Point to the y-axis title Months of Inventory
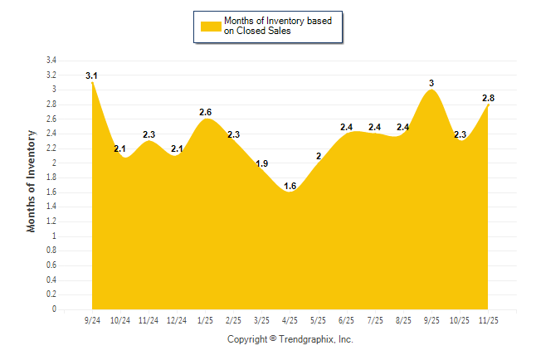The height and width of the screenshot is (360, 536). tap(32, 180)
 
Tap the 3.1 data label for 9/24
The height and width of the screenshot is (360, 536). tap(91, 76)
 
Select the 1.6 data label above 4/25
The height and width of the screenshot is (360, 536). tap(290, 186)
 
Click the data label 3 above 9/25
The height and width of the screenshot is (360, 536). tap(431, 83)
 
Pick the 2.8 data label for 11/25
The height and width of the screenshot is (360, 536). tap(489, 98)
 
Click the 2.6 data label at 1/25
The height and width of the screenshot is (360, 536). tap(206, 113)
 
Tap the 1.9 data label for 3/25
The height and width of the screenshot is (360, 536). tap(262, 163)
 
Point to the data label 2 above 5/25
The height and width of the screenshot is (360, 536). tap(319, 157)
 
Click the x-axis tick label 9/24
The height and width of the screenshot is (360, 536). tap(92, 319)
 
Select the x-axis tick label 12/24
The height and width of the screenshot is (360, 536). tap(177, 319)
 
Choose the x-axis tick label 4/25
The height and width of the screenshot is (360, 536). tap(290, 319)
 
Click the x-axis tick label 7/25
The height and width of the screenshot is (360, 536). tap(375, 319)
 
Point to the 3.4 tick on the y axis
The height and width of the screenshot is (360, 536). tap(51, 61)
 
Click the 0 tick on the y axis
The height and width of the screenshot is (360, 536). tap(54, 309)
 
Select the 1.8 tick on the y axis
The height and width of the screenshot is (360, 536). tap(51, 178)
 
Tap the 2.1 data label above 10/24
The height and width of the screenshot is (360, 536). tap(120, 149)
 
